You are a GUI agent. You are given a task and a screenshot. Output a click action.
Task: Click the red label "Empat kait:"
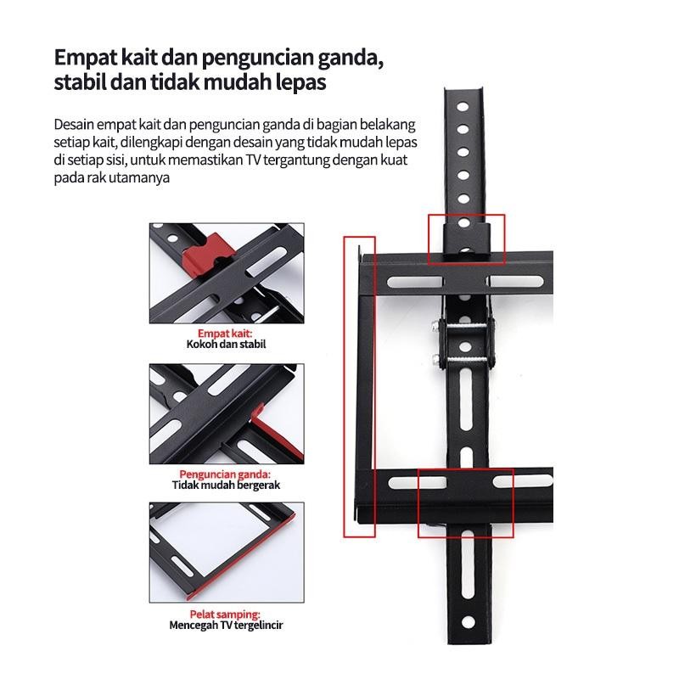226,334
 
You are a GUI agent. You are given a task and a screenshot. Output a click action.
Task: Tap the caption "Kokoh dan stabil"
226,345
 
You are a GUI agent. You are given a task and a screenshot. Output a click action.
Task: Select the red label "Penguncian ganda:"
226,474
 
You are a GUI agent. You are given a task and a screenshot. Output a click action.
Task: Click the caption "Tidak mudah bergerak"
226,485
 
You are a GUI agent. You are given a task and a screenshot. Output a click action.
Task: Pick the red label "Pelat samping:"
226,614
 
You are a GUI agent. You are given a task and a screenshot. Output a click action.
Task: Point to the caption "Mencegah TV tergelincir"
226,625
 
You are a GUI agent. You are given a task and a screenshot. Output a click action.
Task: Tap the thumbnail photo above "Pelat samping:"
226,552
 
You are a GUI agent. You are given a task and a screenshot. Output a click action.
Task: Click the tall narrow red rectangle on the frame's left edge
358,386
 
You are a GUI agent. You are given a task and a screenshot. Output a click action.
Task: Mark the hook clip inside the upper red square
466,239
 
